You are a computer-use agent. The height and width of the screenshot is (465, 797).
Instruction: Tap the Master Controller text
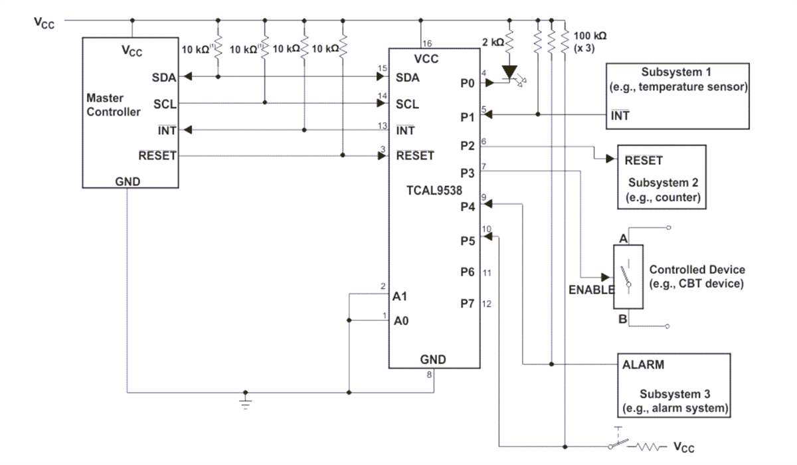(114, 104)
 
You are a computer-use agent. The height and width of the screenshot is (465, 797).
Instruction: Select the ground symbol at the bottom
(246, 403)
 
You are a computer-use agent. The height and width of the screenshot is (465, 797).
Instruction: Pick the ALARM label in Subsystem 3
(643, 364)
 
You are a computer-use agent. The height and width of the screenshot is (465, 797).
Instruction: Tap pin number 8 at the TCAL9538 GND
(430, 375)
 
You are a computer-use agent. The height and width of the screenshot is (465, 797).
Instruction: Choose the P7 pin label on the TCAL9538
(467, 304)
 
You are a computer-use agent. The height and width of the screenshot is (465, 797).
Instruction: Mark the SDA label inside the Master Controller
(163, 77)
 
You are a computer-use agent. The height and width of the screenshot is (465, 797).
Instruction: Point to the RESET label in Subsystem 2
(643, 160)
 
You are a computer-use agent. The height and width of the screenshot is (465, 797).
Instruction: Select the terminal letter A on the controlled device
(622, 238)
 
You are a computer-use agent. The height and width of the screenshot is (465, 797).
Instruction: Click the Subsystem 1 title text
(675, 72)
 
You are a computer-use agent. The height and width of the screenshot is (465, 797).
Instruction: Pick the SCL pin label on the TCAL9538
(407, 104)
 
